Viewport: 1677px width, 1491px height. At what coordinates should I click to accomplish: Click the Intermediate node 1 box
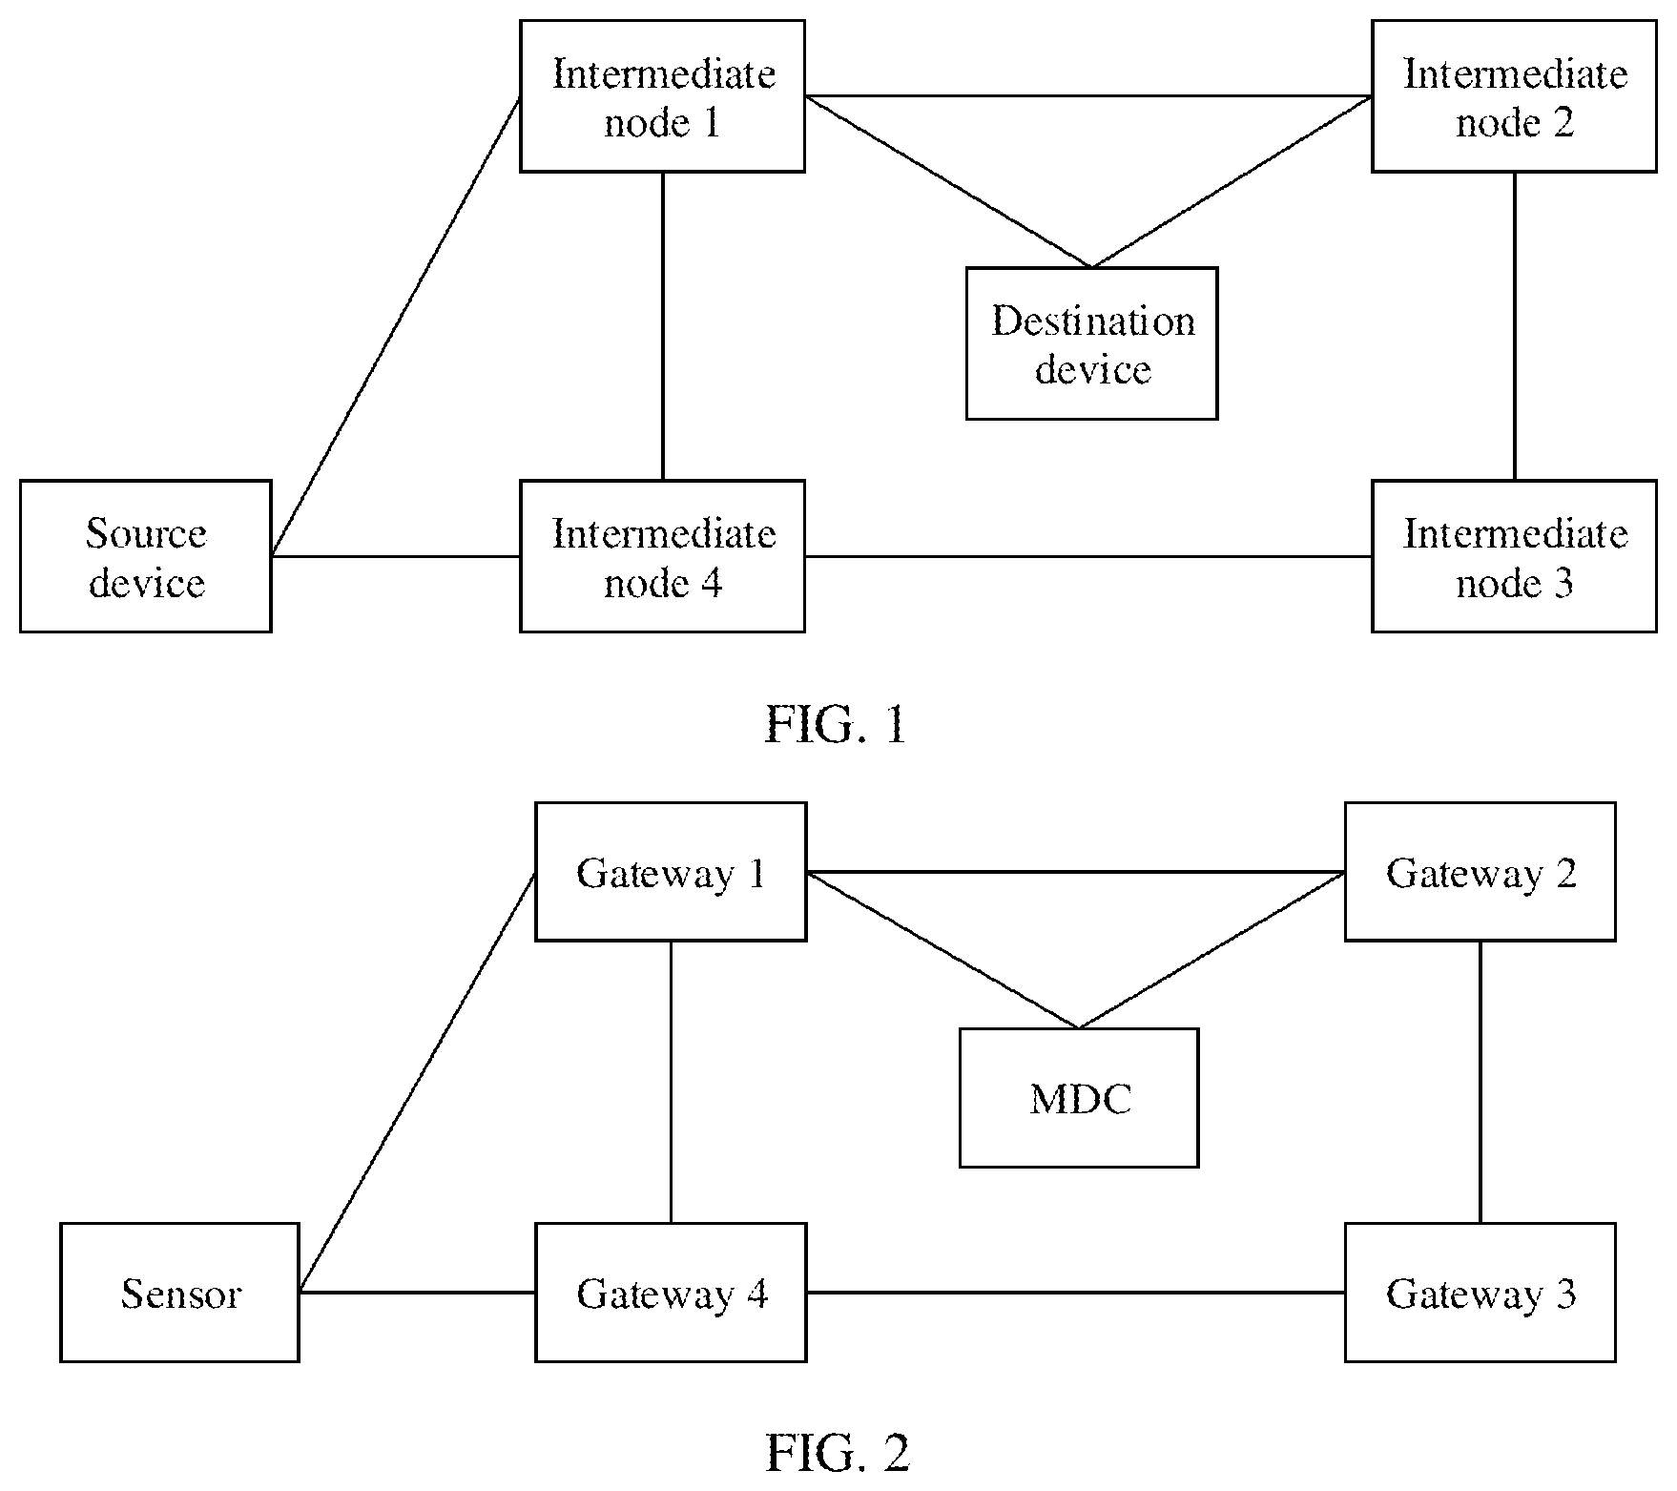point(662,96)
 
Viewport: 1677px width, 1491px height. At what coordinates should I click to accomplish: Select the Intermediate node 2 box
point(1514,96)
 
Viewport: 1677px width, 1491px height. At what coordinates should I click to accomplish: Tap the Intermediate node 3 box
point(1514,556)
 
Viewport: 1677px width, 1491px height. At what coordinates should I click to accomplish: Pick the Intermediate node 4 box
point(662,556)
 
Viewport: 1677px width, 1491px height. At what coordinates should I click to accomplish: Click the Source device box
point(146,556)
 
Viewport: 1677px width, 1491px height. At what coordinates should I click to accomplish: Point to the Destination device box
point(1092,343)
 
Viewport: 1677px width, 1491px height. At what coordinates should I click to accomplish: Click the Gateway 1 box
point(671,872)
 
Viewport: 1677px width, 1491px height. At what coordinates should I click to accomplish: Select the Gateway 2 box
point(1480,872)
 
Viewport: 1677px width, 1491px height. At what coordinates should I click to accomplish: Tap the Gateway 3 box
point(1480,1293)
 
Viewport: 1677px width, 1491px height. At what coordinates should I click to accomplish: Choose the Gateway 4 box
point(671,1293)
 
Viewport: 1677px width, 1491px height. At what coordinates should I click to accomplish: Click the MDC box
point(1079,1098)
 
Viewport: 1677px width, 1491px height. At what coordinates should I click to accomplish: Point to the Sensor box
point(179,1293)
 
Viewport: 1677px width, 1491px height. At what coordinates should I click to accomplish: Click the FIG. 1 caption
point(836,725)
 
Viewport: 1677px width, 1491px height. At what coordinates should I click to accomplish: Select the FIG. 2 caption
point(838,1453)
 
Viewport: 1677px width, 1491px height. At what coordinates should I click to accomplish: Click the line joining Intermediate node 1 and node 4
point(663,326)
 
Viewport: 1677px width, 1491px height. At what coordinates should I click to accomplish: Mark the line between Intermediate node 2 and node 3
point(1515,326)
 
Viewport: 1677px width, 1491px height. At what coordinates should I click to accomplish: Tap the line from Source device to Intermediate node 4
point(396,556)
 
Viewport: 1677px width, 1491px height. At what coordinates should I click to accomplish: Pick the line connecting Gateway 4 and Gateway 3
point(1076,1293)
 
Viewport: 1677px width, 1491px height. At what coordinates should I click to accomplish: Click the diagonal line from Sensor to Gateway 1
point(417,1083)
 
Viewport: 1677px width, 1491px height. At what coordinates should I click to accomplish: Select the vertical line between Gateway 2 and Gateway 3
point(1480,1082)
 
